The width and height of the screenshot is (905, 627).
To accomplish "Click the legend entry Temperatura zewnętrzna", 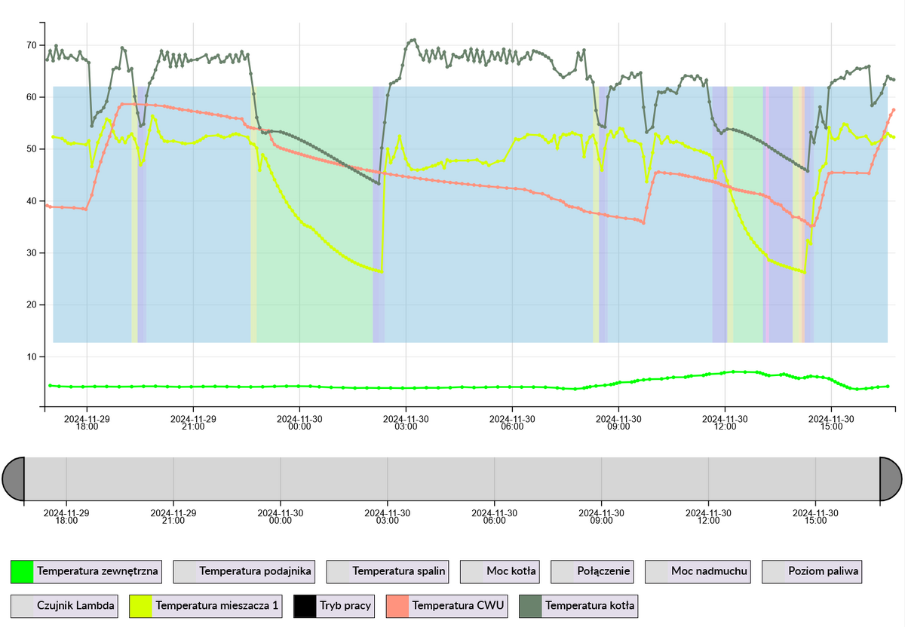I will pyautogui.click(x=87, y=572).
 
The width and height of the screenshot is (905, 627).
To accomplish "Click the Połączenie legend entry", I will pyautogui.click(x=592, y=572).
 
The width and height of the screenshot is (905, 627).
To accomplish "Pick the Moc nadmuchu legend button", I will pyautogui.click(x=700, y=572).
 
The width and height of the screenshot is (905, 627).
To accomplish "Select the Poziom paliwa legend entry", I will pyautogui.click(x=812, y=572).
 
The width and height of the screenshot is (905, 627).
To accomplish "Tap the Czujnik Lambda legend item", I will pyautogui.click(x=64, y=606).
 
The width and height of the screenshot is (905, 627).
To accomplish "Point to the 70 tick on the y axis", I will pyautogui.click(x=31, y=45).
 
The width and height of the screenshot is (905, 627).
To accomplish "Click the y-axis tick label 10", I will pyautogui.click(x=31, y=356).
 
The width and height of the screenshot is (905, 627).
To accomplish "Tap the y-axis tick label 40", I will pyautogui.click(x=31, y=201).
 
